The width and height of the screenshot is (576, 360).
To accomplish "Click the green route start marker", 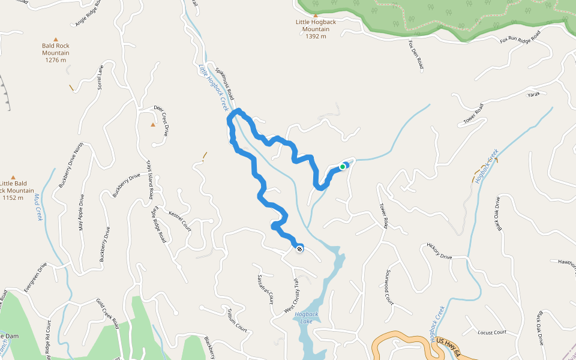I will (x=343, y=167).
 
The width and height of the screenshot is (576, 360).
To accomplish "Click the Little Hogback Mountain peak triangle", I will (x=316, y=16).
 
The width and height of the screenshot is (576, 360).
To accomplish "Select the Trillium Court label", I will (x=237, y=320).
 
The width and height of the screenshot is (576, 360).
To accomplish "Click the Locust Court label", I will (x=492, y=332).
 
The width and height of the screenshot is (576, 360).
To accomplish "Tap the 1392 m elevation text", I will (x=316, y=37).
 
